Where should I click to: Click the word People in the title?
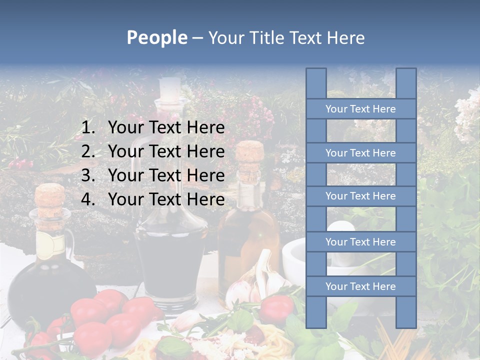coord(156,37)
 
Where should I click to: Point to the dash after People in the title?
coord(197,38)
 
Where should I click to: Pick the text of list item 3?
coord(166,175)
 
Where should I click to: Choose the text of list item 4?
coord(166,199)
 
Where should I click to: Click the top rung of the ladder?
coord(360,109)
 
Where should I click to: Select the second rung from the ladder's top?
coord(360,153)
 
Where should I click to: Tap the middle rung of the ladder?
coord(360,196)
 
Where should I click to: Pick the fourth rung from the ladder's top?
coord(360,242)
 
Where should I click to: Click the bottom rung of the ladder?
coord(360,286)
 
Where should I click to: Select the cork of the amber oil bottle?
coord(249,153)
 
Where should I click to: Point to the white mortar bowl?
coord(295,255)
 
